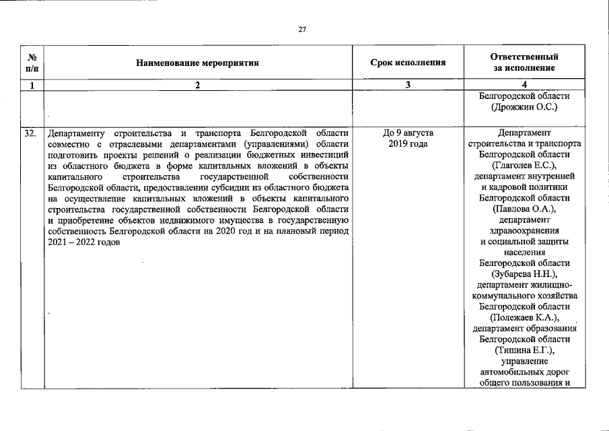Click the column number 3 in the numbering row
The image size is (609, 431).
pos(408,85)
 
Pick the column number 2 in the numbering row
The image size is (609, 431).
pos(197,85)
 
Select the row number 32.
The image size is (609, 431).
pos(31,133)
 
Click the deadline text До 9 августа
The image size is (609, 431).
pos(408,133)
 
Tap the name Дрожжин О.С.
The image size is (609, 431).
pos(524,107)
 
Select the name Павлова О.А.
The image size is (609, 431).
pos(524,209)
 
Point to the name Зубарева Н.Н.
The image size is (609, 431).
pos(524,274)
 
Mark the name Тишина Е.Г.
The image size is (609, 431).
pos(524,350)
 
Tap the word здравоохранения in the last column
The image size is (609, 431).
pos(524,230)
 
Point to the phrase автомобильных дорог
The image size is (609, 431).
pos(524,372)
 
